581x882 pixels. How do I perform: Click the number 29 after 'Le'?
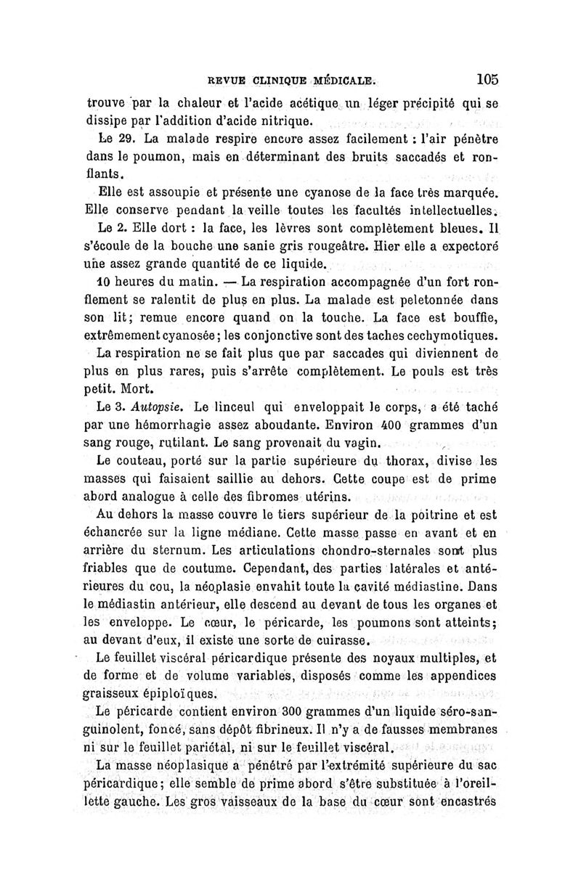pyautogui.click(x=125, y=138)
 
